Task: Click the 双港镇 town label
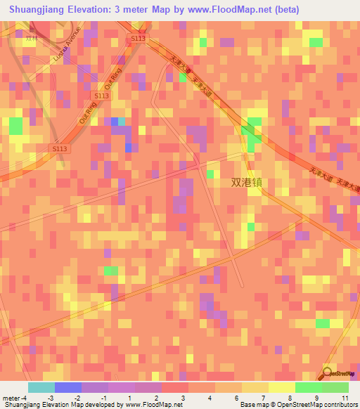(250, 181)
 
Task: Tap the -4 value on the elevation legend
(25, 398)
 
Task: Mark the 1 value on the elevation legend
(130, 398)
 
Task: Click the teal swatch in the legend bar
(41, 387)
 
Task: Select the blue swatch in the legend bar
(67, 387)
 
